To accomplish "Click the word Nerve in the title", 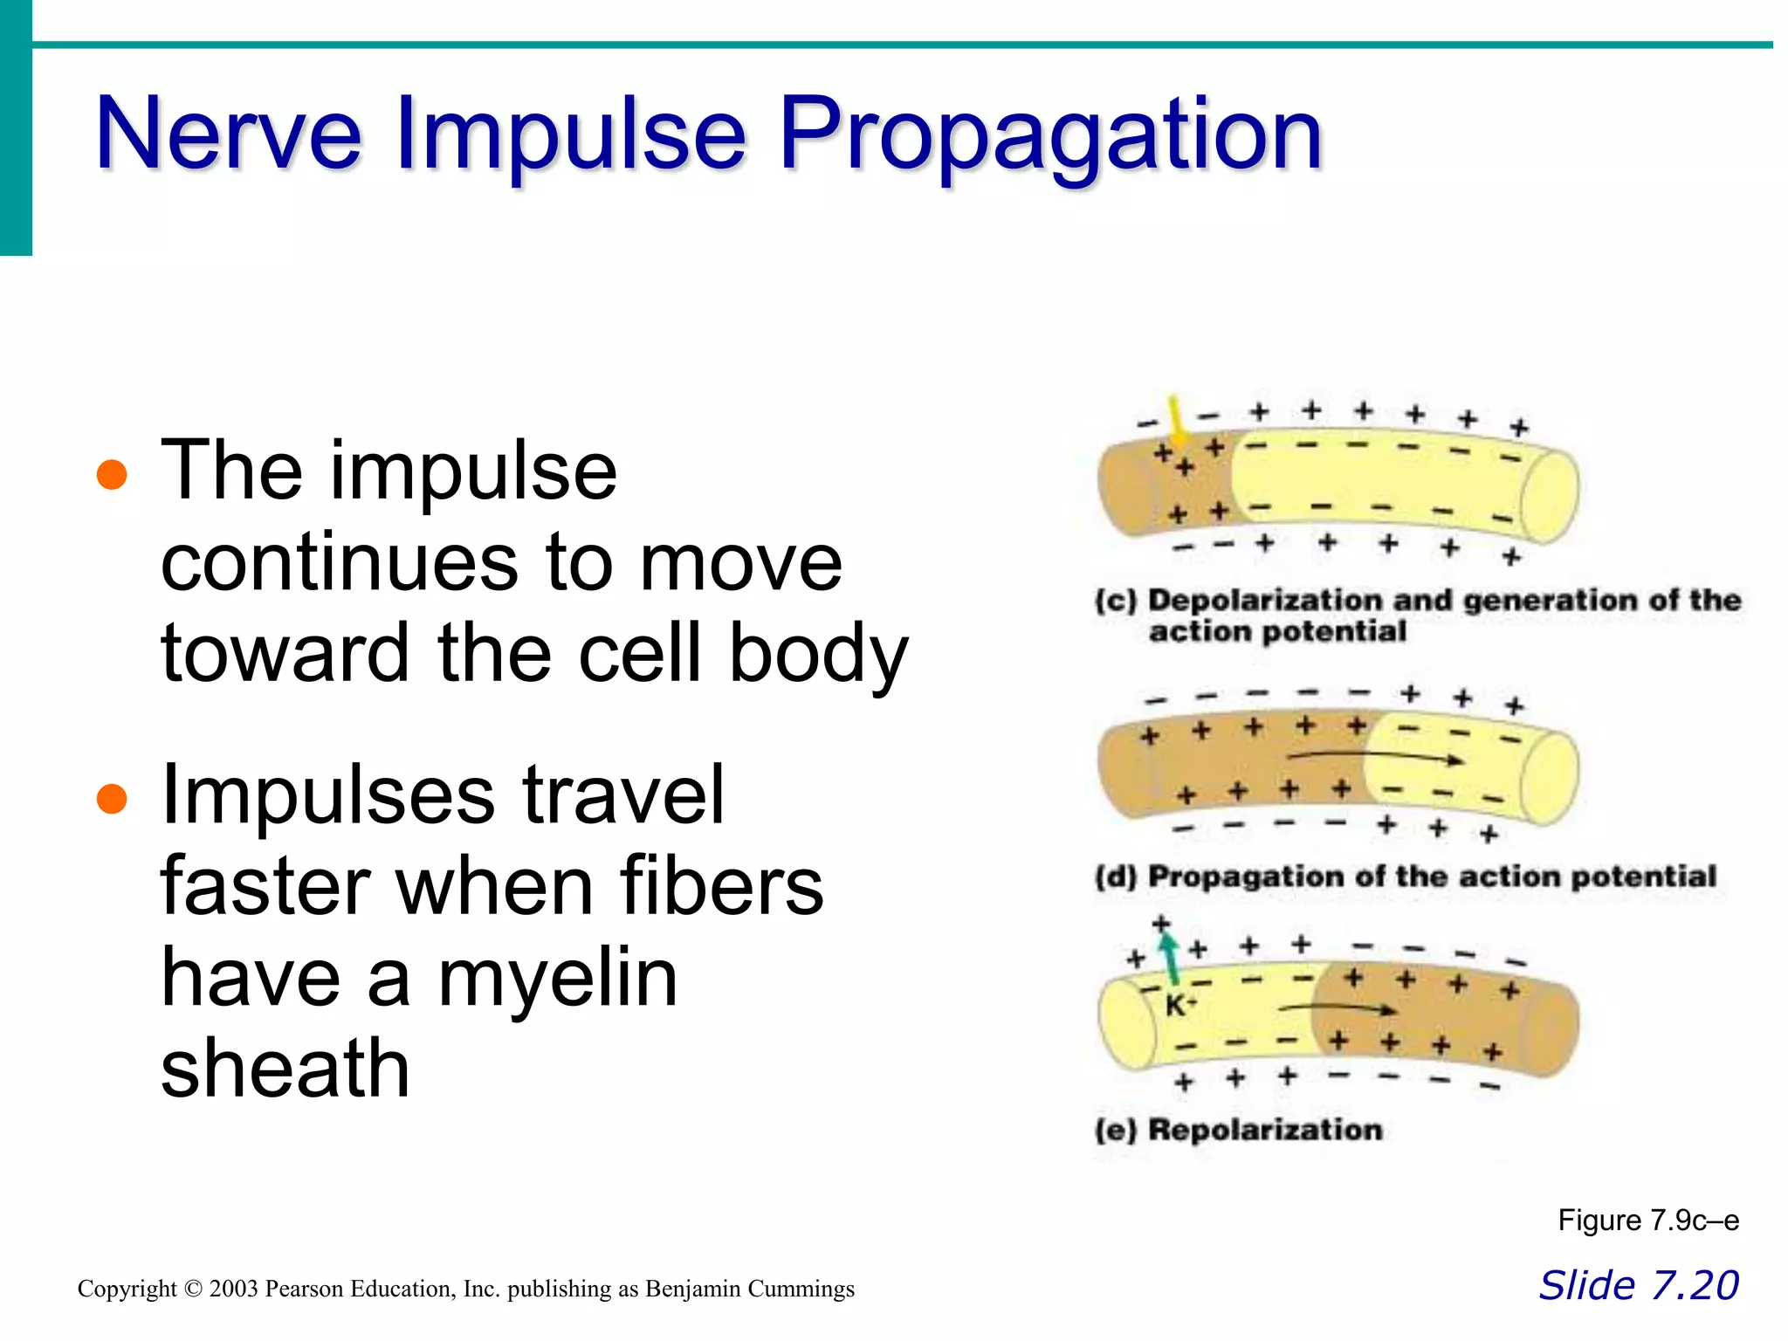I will pyautogui.click(x=228, y=135).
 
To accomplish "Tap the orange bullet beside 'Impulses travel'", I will pyautogui.click(x=112, y=798).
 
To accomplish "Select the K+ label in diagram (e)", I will pyautogui.click(x=1179, y=1006).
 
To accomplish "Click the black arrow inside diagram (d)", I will pyautogui.click(x=1375, y=757).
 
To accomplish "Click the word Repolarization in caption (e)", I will pyautogui.click(x=1265, y=1130).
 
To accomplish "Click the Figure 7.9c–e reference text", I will pyautogui.click(x=1647, y=1220).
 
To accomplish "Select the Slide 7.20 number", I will pyautogui.click(x=1639, y=1285).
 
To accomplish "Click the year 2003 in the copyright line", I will pyautogui.click(x=233, y=1289).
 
